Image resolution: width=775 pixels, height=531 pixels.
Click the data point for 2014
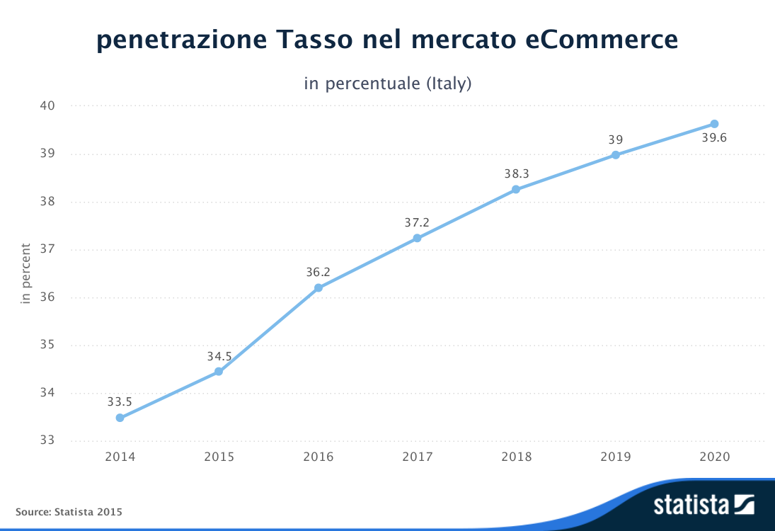(120, 418)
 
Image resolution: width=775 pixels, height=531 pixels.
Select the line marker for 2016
(318, 287)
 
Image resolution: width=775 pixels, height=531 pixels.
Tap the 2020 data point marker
(714, 124)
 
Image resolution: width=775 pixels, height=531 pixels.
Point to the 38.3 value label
(516, 173)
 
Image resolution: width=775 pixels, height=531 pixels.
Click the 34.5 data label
(219, 357)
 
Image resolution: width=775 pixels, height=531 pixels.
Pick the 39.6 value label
(714, 138)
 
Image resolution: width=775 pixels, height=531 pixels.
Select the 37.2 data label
(417, 222)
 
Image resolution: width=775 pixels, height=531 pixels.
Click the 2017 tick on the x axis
(417, 457)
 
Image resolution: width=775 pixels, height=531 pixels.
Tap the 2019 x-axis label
(615, 457)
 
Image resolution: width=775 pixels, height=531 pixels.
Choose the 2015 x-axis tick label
(219, 457)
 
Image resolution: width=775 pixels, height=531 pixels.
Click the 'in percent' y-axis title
(26, 273)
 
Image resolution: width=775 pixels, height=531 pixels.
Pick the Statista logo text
(691, 506)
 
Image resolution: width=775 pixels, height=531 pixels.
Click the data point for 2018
(516, 189)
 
